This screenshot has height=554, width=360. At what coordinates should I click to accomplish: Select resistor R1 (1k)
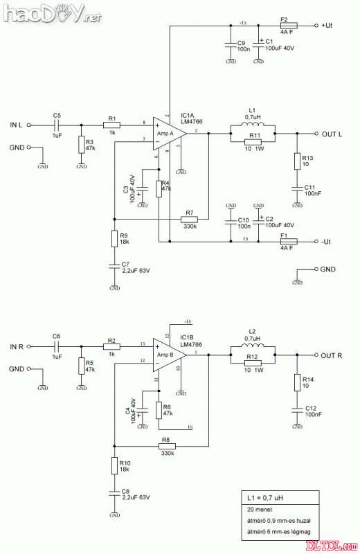113,125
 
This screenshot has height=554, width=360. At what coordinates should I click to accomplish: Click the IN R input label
17,346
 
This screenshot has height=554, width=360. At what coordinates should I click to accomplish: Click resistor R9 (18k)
114,239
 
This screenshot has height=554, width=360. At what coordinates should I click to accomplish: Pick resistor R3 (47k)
81,145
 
